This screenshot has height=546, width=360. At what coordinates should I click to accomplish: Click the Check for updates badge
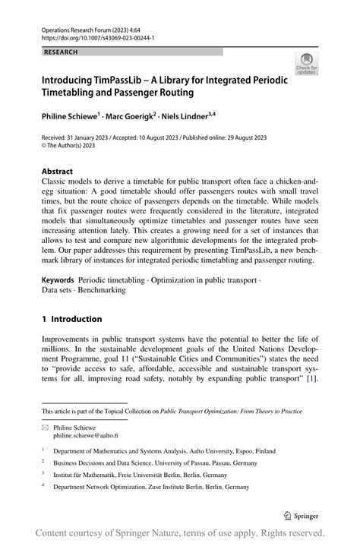(x=307, y=64)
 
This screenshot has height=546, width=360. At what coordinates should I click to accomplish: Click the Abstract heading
(x=58, y=172)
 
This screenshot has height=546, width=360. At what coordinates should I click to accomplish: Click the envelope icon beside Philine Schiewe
(x=46, y=428)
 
